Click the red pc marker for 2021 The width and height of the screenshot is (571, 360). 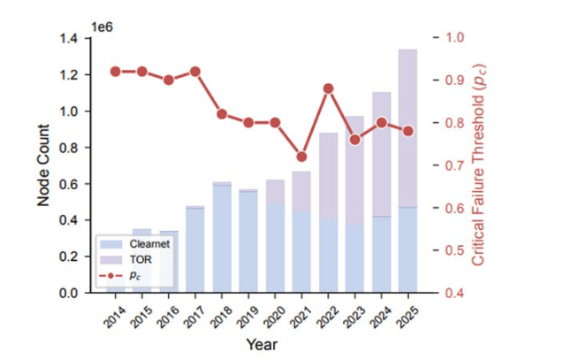[x=301, y=157]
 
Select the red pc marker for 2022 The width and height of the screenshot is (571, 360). [x=328, y=88]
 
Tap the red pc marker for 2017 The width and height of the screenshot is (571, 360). [x=195, y=72]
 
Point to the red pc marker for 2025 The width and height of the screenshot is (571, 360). [x=407, y=131]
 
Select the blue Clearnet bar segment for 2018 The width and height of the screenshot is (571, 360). [x=222, y=239]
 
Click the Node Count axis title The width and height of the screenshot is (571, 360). [x=44, y=165]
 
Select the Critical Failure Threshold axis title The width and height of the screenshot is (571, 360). [x=478, y=165]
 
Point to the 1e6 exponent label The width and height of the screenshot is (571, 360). [x=103, y=27]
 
